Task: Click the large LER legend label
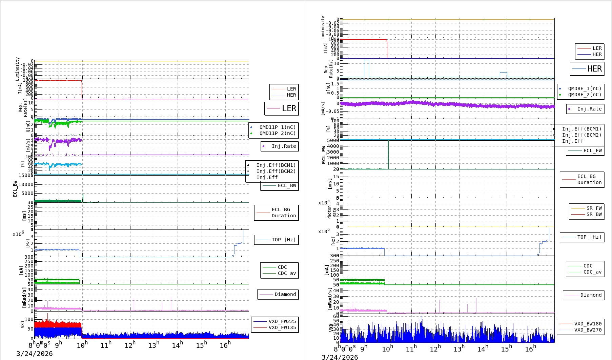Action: point(289,108)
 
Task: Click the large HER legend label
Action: point(594,69)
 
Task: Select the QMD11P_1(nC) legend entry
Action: point(277,127)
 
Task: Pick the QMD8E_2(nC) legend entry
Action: point(585,95)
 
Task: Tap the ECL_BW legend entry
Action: point(287,185)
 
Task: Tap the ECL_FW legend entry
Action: point(592,151)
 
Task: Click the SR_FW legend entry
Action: point(594,208)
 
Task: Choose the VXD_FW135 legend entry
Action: point(282,327)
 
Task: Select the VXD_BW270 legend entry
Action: point(588,330)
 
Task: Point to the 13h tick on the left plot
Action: point(154,345)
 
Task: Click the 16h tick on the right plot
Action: point(530,349)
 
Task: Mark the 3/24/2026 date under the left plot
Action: point(35,354)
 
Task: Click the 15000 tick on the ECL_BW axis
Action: point(26,175)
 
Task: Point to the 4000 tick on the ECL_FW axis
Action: point(333,146)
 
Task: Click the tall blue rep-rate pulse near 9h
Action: point(366,68)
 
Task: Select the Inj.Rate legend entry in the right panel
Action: point(589,109)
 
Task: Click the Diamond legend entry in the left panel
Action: point(285,294)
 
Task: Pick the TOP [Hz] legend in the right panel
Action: point(589,237)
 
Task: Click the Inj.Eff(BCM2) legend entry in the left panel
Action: point(276,171)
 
